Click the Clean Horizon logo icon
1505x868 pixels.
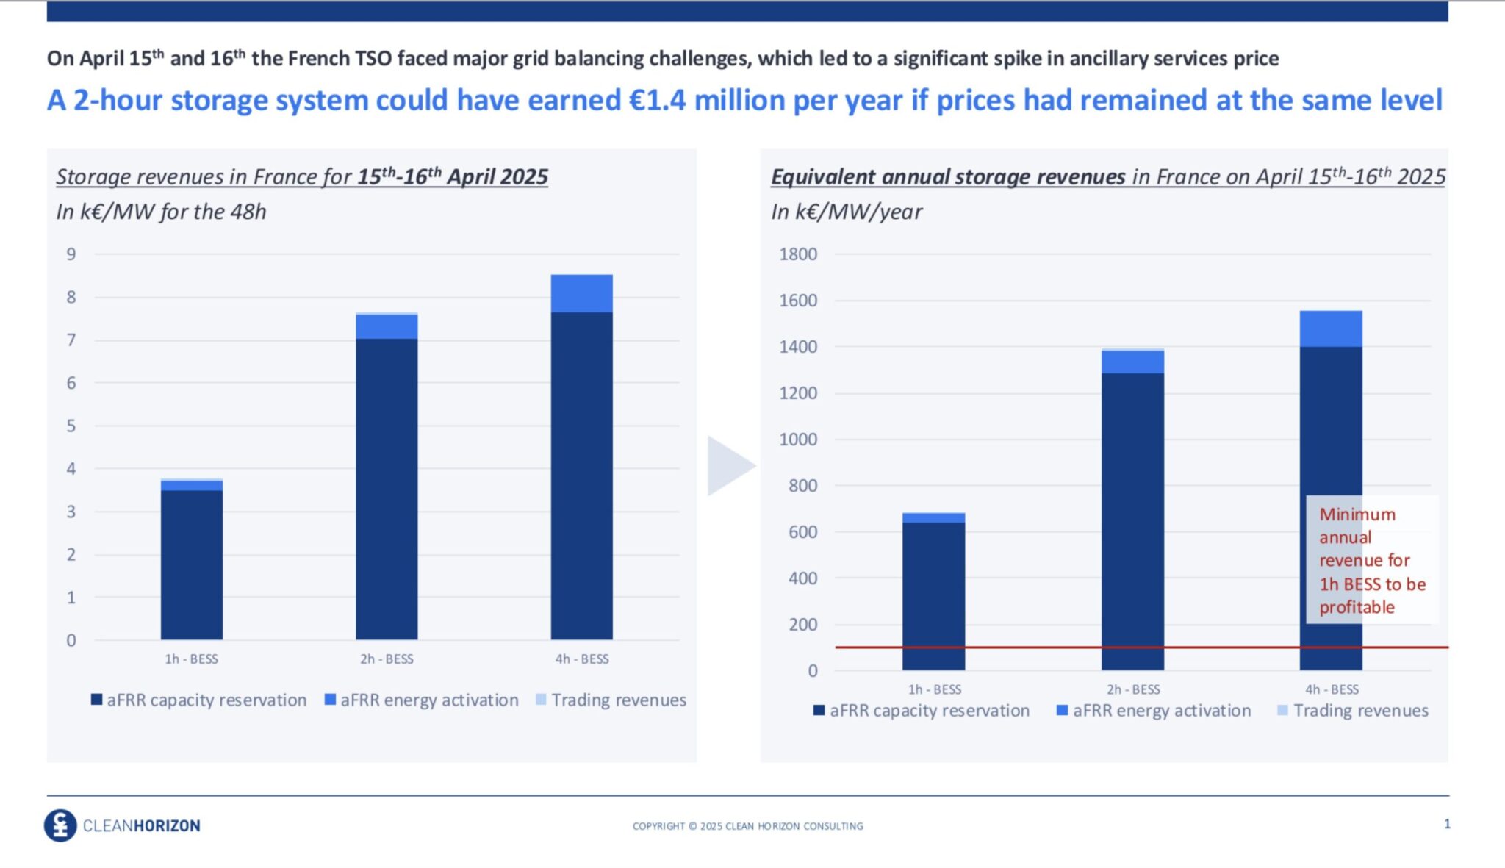[60, 825]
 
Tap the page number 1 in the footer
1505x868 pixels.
[1447, 824]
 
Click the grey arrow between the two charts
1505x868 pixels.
[728, 466]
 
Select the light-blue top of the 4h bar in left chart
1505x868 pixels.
[581, 293]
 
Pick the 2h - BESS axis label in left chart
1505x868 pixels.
[387, 659]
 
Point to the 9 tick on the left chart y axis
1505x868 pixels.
[71, 254]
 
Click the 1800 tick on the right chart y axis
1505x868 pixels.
[798, 254]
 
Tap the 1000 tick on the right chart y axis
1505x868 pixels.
[798, 440]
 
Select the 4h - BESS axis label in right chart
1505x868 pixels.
[1332, 689]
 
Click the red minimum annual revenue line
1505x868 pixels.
[1029, 648]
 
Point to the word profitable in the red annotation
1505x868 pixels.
[1357, 607]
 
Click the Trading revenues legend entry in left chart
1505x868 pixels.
[618, 700]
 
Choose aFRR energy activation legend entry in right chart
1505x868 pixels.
[1161, 711]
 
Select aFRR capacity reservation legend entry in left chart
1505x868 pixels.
[206, 700]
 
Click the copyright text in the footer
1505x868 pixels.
[747, 826]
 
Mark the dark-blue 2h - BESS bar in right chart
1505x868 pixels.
[1132, 521]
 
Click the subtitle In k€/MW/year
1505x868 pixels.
[846, 212]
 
